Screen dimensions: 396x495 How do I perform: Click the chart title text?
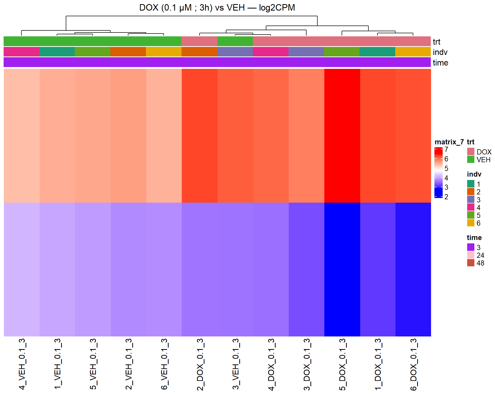tap(217, 8)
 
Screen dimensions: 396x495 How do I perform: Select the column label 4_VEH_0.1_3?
tap(22, 364)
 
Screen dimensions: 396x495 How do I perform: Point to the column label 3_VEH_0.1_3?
tap(236, 364)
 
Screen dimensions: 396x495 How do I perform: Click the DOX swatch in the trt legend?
tap(471, 152)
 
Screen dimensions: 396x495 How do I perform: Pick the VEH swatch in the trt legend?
tap(471, 159)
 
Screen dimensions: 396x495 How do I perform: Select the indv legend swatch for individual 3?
tap(471, 200)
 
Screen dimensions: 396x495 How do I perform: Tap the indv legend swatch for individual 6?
tap(471, 223)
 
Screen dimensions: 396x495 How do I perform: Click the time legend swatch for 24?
tap(471, 255)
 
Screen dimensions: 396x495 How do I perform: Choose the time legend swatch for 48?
tap(471, 263)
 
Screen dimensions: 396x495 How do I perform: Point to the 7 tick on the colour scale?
tap(446, 149)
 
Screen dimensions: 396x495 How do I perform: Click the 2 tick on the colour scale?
tap(446, 197)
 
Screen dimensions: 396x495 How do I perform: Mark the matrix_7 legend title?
tap(449, 142)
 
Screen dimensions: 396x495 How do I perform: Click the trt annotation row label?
tap(436, 42)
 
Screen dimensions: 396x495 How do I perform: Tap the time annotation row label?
tap(440, 63)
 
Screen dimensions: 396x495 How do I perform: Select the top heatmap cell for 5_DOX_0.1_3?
tap(342, 136)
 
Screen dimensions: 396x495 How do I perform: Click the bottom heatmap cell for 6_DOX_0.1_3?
tap(413, 269)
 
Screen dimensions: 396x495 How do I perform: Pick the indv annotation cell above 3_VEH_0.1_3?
tap(235, 52)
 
